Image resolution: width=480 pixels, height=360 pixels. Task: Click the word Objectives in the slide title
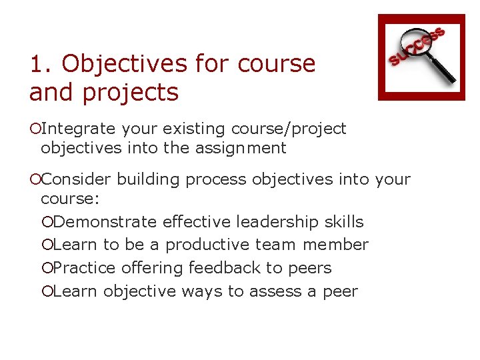tap(125, 65)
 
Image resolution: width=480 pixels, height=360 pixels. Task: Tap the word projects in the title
tap(131, 93)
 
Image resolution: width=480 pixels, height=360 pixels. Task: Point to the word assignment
tap(241, 148)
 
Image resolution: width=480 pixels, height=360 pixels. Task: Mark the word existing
tap(194, 128)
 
